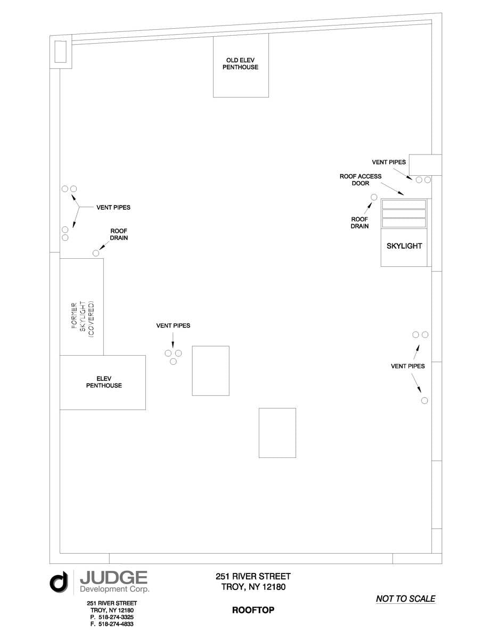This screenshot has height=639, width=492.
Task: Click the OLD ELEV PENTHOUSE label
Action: pyautogui.click(x=241, y=64)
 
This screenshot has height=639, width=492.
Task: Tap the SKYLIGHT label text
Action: pyautogui.click(x=404, y=246)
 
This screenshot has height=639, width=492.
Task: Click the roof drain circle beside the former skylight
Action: pyautogui.click(x=96, y=253)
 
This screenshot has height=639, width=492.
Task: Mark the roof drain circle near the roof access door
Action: pyautogui.click(x=374, y=197)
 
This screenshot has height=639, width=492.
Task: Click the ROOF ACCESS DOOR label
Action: pyautogui.click(x=360, y=179)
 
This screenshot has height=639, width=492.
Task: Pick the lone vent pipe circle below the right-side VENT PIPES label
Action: pyautogui.click(x=424, y=400)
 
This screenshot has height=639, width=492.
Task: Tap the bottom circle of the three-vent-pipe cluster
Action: pyautogui.click(x=173, y=362)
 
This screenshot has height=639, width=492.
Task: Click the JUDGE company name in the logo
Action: pyautogui.click(x=113, y=578)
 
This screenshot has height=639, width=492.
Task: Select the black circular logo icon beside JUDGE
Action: pyautogui.click(x=59, y=581)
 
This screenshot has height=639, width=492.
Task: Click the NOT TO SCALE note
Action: pyautogui.click(x=405, y=599)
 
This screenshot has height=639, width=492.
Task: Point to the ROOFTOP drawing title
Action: pyautogui.click(x=253, y=610)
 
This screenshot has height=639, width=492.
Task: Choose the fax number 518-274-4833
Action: pyautogui.click(x=112, y=624)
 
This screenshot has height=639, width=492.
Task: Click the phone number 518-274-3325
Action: pyautogui.click(x=112, y=617)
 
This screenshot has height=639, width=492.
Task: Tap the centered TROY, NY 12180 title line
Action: pyautogui.click(x=253, y=587)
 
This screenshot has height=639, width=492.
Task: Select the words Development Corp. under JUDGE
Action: pyautogui.click(x=114, y=589)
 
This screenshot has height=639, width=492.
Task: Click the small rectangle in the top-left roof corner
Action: pyautogui.click(x=60, y=51)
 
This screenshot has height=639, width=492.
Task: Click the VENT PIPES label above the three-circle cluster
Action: pyautogui.click(x=173, y=325)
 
